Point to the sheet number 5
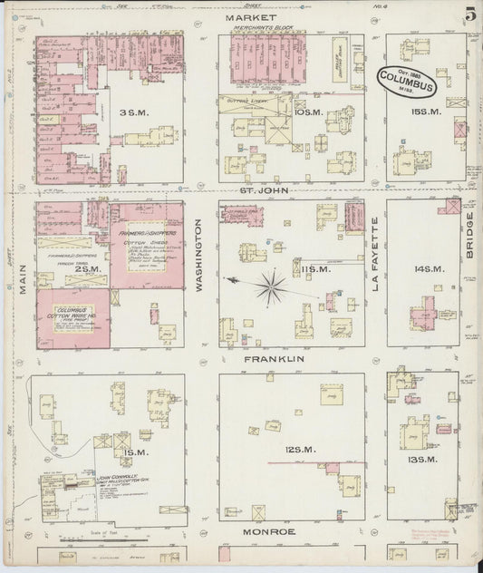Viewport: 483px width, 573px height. (469, 16)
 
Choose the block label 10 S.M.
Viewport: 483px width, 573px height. (310, 112)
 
